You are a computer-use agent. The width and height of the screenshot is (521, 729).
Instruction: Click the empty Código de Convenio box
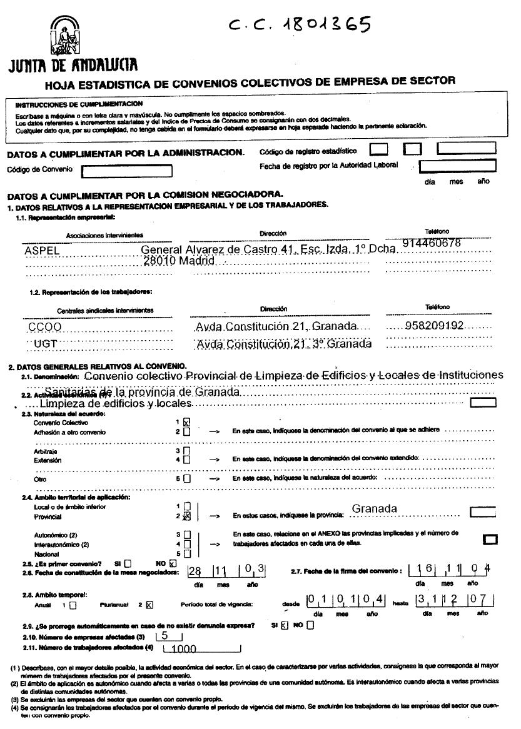pyautogui.click(x=127, y=170)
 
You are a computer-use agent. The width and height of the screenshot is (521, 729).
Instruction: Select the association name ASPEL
pyautogui.click(x=41, y=250)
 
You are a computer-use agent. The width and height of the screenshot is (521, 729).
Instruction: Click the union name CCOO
pyautogui.click(x=44, y=327)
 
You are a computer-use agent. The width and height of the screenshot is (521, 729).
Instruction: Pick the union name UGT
pyautogui.click(x=46, y=343)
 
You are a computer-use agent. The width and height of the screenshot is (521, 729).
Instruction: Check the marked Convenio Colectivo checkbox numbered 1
pyautogui.click(x=187, y=422)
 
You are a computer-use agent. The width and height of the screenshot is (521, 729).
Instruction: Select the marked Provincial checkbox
pyautogui.click(x=186, y=517)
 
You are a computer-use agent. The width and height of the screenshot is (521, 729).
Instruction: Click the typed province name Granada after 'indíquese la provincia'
pyautogui.click(x=374, y=509)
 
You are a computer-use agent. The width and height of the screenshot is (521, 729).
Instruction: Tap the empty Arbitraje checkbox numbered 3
pyautogui.click(x=186, y=450)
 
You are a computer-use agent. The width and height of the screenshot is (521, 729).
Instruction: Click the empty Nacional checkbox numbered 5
pyautogui.click(x=186, y=553)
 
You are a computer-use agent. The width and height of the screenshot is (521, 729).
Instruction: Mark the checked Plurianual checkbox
pyautogui.click(x=149, y=605)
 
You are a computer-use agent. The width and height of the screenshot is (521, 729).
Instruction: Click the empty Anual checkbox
pyautogui.click(x=73, y=605)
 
